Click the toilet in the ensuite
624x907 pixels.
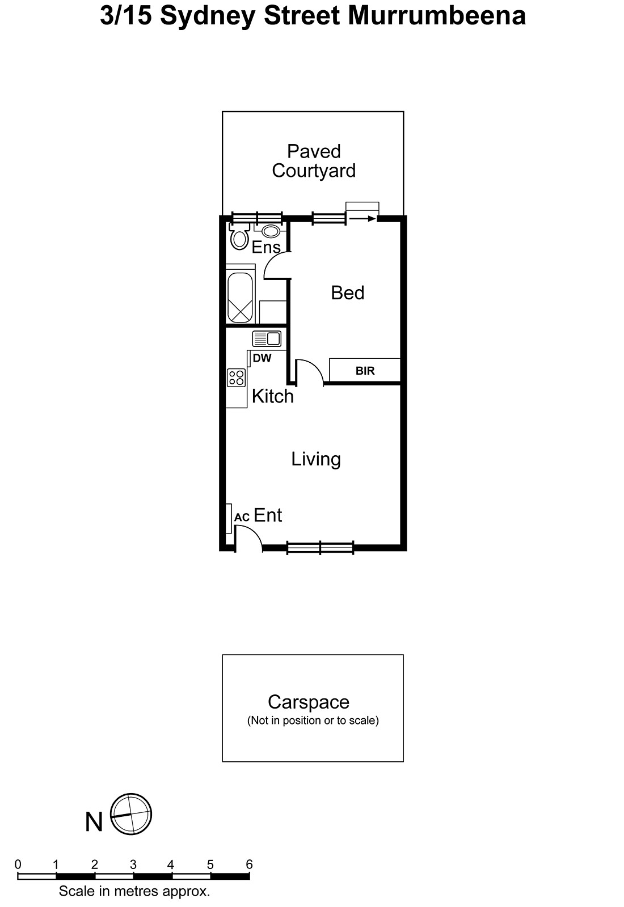(239, 236)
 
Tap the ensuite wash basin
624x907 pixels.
(271, 231)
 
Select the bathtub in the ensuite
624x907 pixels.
(240, 298)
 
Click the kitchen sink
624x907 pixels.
(267, 339)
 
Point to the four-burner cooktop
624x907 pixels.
(236, 378)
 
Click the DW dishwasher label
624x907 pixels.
(262, 358)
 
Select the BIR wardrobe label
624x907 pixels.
(365, 371)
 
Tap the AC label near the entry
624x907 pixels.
(242, 517)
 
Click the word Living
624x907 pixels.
(316, 459)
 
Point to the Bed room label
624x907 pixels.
(347, 293)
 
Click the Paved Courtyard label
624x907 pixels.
(314, 161)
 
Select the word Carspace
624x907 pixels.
(309, 702)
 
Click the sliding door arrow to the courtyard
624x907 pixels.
(362, 219)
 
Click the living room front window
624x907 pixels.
(321, 547)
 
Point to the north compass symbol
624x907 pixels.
(131, 814)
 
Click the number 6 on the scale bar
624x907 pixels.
(249, 864)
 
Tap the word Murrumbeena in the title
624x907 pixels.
(437, 16)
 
